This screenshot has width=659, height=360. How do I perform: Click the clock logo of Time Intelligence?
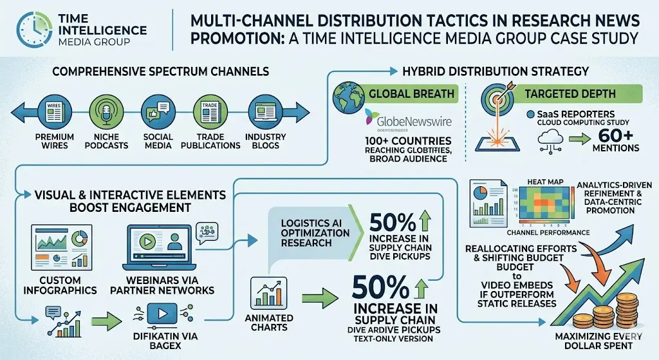pyautogui.click(x=33, y=28)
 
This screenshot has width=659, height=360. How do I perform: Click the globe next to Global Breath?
pyautogui.click(x=349, y=97)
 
